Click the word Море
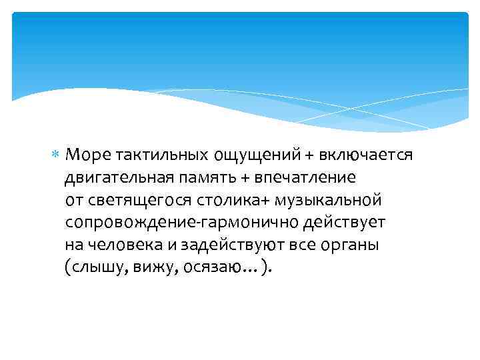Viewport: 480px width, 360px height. [88, 155]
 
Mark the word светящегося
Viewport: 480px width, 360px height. [138, 201]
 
